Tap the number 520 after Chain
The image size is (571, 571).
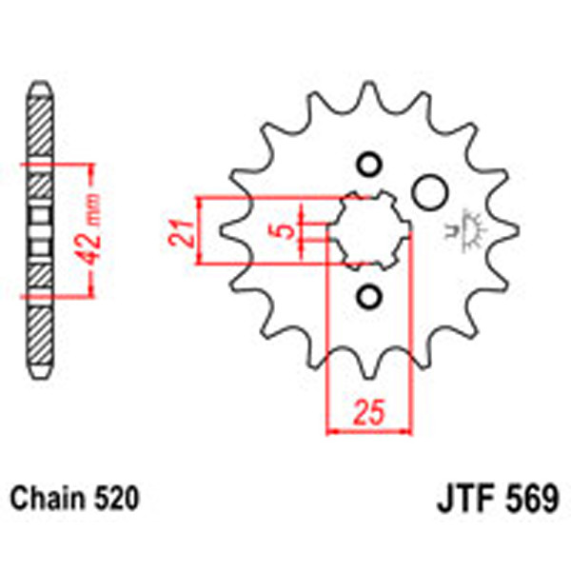(118, 498)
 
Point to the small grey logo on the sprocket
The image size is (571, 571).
(468, 232)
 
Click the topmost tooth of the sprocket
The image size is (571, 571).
(366, 93)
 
